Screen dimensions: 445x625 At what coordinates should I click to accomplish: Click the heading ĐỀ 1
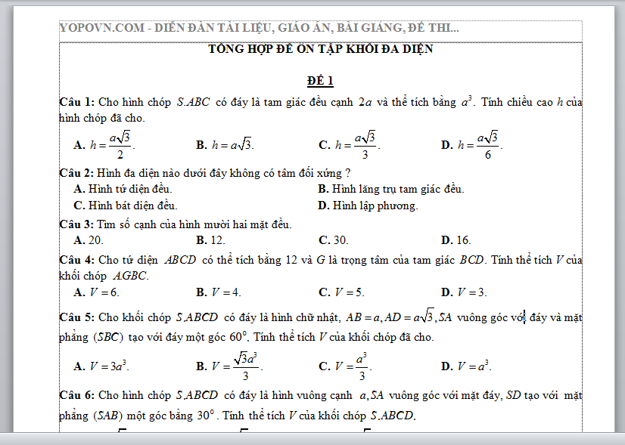(x=320, y=81)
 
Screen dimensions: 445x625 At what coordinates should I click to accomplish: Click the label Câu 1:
(x=77, y=102)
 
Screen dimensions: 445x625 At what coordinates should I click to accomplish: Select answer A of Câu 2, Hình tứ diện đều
(x=123, y=189)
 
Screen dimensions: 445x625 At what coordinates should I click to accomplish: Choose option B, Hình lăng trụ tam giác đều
(x=391, y=189)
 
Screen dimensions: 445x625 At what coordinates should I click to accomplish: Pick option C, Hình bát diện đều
(x=125, y=206)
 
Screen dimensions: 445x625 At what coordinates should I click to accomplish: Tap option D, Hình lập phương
(x=368, y=206)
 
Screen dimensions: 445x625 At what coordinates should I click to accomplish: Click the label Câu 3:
(x=77, y=224)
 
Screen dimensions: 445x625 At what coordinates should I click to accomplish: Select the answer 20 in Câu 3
(x=95, y=240)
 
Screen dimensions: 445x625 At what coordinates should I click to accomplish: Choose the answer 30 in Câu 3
(x=340, y=240)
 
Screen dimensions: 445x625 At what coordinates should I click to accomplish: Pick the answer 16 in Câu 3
(x=463, y=240)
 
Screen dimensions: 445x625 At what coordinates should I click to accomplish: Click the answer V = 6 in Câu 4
(x=104, y=292)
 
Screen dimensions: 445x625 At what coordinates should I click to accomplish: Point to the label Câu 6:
(x=77, y=395)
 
